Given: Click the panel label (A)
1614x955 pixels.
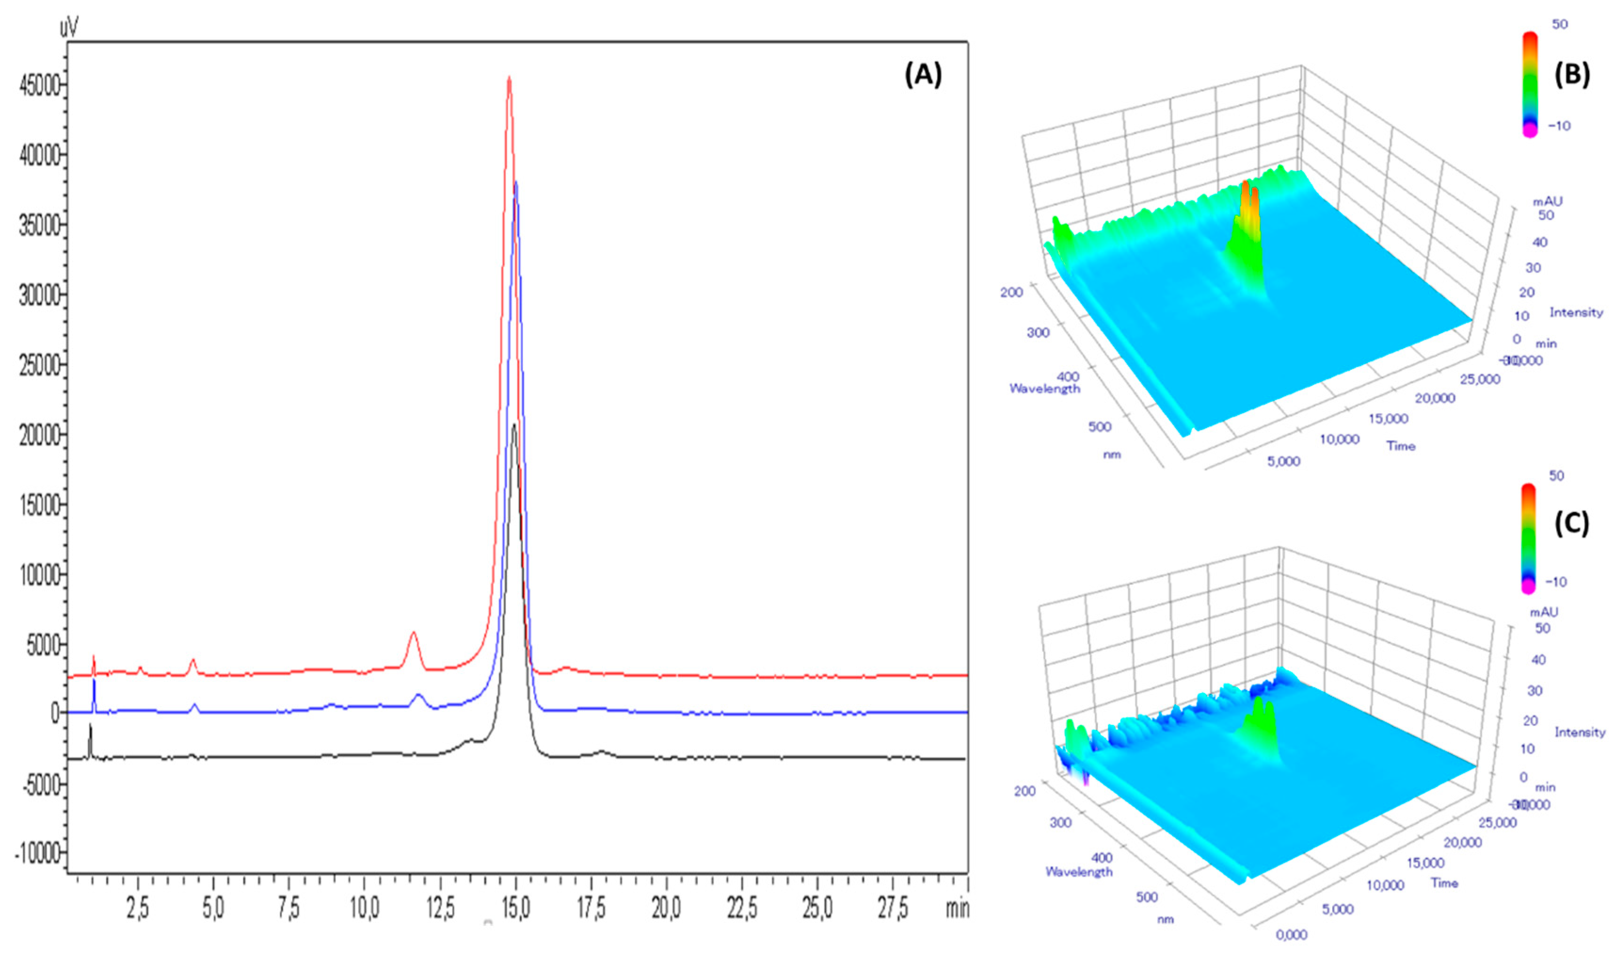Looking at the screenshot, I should [x=923, y=76].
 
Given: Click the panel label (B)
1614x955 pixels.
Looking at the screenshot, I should [x=1572, y=75].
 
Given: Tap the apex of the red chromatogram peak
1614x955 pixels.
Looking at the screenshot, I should [x=509, y=79].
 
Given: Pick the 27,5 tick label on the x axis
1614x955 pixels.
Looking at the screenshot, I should [x=893, y=909].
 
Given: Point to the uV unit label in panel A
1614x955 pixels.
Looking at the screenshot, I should [x=69, y=27].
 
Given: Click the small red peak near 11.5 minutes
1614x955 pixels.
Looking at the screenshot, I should [x=413, y=635].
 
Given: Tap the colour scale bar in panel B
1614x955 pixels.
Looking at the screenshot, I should [x=1530, y=84].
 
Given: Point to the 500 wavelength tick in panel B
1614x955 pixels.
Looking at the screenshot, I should [x=1099, y=426].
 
